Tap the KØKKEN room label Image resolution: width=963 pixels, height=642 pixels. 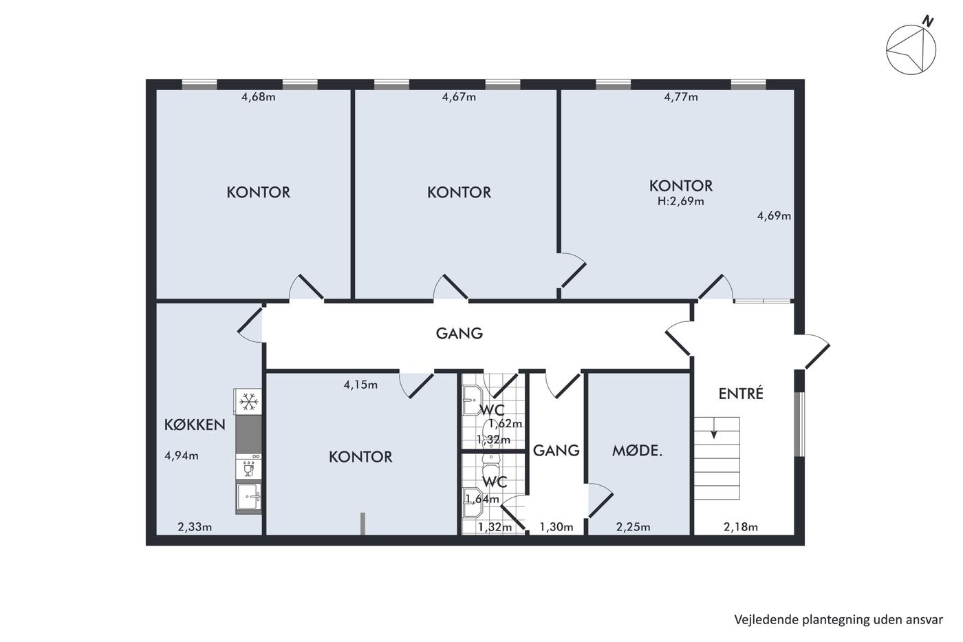coord(195,425)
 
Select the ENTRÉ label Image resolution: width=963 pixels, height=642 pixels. coord(741,393)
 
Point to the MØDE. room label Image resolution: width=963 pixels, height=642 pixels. coord(637,451)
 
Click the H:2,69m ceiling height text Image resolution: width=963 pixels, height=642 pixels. coord(680,201)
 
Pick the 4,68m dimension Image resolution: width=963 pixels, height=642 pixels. coord(259,97)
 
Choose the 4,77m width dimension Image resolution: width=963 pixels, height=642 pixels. coord(681,97)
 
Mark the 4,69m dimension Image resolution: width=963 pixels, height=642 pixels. coord(774,216)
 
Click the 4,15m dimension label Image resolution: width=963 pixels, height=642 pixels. coord(360,385)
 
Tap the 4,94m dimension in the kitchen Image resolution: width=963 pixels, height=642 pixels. coord(182,456)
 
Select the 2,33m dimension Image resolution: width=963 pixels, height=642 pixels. coord(195,527)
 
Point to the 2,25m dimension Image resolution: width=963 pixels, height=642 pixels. coord(634,527)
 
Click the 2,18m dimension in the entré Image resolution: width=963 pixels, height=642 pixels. coord(741,527)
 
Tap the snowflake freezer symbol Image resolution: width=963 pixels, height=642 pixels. coord(248,402)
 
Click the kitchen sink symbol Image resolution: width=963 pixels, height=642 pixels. coord(248,497)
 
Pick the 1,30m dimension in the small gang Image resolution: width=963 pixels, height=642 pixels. coord(556,527)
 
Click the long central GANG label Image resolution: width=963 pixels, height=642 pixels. coord(459,333)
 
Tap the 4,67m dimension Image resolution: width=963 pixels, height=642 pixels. coord(459,97)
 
